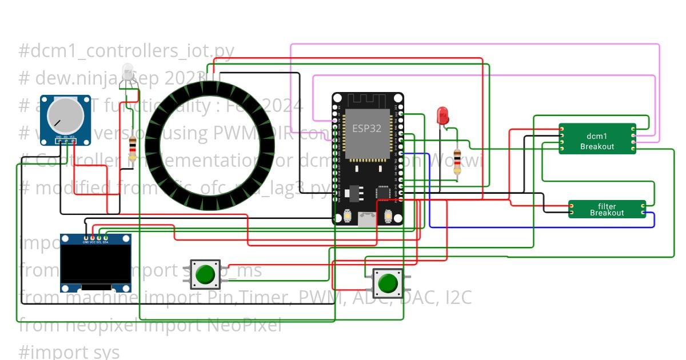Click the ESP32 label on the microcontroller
click(366, 128)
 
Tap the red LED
click(442, 115)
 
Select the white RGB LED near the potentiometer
click(127, 73)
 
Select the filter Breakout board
click(607, 209)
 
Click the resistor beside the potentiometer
click(133, 148)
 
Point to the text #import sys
click(69, 351)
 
